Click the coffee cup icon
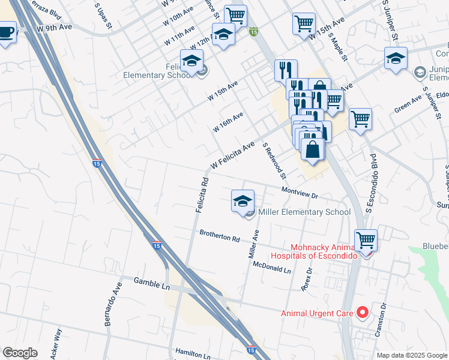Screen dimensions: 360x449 pos(7,31)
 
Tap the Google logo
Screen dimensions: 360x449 pos(20,353)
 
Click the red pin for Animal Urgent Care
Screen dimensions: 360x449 pos(362,313)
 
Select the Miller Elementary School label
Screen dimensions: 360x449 pos(304,212)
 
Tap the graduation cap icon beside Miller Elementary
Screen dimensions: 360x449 pos(243,201)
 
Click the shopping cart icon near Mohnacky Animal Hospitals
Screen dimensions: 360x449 pos(366,240)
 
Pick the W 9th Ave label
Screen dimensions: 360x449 pos(54,28)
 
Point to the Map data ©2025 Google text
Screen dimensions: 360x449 pos(412,355)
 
